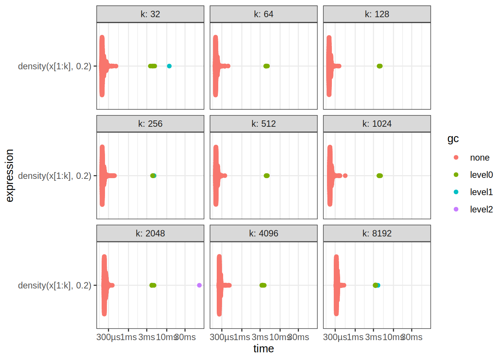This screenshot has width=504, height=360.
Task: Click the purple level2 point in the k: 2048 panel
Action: (x=199, y=285)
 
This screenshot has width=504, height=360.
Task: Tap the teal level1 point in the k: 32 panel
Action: (x=169, y=66)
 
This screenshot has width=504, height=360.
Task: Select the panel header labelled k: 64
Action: (x=263, y=14)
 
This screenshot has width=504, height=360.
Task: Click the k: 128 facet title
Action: (x=376, y=14)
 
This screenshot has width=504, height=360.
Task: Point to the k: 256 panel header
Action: (x=150, y=124)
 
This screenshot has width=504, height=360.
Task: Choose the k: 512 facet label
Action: (x=263, y=124)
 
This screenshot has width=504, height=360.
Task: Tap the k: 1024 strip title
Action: (x=376, y=124)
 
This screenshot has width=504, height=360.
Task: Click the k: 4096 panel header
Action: (x=263, y=234)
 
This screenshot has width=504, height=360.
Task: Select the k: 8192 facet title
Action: (x=376, y=234)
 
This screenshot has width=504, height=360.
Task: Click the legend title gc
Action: (x=453, y=139)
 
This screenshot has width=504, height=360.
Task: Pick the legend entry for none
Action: (x=479, y=158)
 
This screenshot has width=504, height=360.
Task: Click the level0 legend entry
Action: (x=481, y=175)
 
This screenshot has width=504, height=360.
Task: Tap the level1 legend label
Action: (x=481, y=192)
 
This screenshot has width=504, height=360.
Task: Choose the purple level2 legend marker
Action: (x=456, y=209)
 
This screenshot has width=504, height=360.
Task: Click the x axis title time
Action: (x=263, y=349)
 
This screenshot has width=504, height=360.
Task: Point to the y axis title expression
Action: (x=10, y=175)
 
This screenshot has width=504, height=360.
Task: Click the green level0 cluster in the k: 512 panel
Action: (x=267, y=175)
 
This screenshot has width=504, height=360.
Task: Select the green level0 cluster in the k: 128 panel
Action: (x=379, y=66)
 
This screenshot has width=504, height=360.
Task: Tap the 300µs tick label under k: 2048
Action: (x=108, y=337)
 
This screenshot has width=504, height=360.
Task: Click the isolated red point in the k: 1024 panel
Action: (x=345, y=175)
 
